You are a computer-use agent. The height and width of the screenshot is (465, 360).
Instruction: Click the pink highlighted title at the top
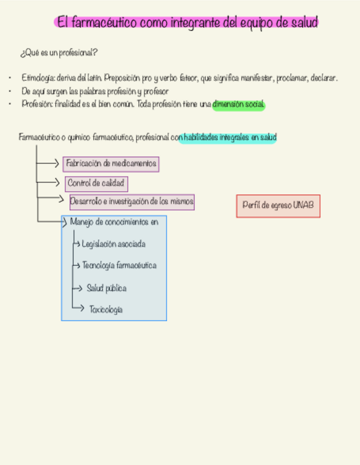[187, 22]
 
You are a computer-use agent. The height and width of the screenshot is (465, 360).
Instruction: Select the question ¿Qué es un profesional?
[59, 53]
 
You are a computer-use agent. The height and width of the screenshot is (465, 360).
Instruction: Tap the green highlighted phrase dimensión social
[239, 105]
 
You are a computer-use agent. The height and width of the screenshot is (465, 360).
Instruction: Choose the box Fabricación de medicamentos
[111, 163]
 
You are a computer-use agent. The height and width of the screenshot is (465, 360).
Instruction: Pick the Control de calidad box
[96, 183]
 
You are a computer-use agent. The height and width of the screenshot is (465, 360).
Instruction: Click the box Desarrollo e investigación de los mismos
[132, 201]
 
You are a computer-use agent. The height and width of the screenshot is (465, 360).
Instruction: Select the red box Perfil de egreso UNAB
[278, 206]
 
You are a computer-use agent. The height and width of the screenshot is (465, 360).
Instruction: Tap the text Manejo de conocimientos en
[114, 222]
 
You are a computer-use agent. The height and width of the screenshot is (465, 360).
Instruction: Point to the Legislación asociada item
[114, 244]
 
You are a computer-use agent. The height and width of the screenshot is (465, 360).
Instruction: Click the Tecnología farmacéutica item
[119, 265]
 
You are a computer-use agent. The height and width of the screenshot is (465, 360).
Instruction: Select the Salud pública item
[106, 288]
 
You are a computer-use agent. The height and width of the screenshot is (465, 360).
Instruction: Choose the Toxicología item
[106, 310]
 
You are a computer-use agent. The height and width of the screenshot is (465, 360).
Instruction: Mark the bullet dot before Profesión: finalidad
[10, 104]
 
